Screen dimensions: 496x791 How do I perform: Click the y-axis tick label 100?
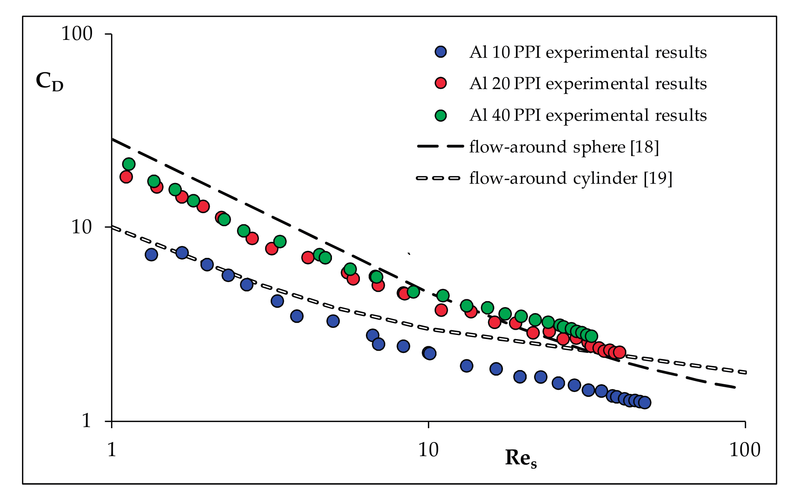(76, 34)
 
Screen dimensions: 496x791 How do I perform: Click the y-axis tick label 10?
(81, 227)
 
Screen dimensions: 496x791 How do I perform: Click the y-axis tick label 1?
(86, 421)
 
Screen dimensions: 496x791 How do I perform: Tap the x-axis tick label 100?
(744, 450)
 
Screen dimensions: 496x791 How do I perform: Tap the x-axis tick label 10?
(428, 450)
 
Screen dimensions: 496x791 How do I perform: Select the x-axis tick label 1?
(111, 450)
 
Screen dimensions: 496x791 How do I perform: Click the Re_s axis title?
(521, 458)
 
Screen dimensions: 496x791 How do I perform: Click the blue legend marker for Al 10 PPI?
(441, 52)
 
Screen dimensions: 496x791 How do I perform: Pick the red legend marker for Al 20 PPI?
(441, 83)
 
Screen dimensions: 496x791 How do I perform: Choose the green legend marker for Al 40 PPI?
(441, 115)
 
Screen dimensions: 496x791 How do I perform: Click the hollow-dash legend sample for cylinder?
(438, 178)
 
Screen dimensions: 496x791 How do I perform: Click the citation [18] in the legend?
(645, 147)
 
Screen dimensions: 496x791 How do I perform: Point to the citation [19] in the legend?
(658, 179)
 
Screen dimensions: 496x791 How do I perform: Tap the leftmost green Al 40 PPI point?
(129, 164)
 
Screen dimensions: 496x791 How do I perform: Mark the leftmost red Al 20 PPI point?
(126, 177)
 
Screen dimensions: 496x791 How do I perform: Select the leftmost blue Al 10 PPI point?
(151, 255)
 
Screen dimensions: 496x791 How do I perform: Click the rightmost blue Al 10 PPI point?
(645, 402)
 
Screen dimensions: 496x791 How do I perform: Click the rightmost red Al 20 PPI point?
(619, 352)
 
